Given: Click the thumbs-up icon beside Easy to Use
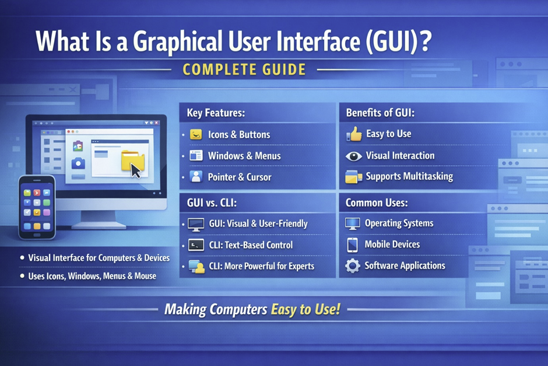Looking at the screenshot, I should pos(354,134).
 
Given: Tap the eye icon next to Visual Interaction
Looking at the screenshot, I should pos(354,156).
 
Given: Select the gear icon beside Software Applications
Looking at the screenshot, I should pos(353,266).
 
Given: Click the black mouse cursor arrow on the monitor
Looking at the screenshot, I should pos(136,170).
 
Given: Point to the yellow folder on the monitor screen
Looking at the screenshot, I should pos(131,160).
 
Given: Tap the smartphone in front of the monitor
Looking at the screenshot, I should pos(36,207).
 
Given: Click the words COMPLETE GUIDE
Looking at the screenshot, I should pos(244,70).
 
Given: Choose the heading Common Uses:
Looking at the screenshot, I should pos(377,203).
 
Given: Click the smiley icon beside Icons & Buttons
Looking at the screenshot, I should pos(196,134).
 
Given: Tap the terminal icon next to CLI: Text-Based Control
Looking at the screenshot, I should pos(195,245).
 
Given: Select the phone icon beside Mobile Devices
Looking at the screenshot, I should pos(352,245).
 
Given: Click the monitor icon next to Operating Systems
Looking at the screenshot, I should pos(353,223).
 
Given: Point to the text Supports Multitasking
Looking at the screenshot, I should pos(409,176).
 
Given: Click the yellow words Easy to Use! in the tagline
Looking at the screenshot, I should pos(305,309).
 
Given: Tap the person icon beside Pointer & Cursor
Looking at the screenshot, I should pos(196,176).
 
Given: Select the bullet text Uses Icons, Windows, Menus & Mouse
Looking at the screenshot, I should pos(92,276).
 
